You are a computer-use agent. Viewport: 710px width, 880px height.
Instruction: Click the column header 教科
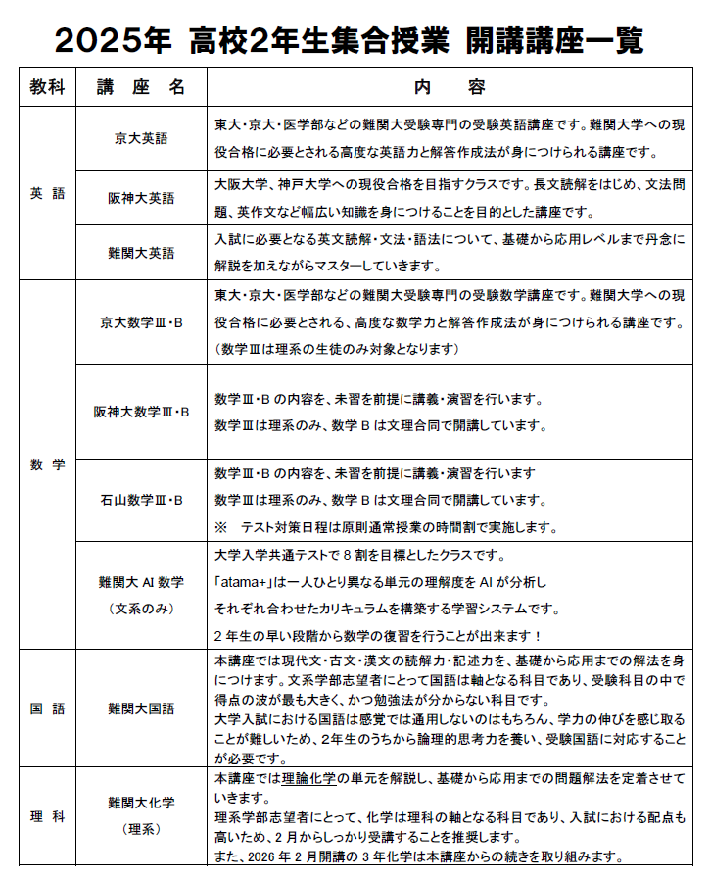(x=47, y=86)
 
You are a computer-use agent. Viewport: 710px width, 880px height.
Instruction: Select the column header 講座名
(x=141, y=86)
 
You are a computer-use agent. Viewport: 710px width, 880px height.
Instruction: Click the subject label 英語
(x=47, y=193)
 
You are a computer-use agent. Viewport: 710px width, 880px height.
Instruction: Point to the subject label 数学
(x=47, y=464)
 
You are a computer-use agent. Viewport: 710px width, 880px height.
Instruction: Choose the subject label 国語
(x=47, y=708)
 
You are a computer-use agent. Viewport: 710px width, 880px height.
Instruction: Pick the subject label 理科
(x=47, y=815)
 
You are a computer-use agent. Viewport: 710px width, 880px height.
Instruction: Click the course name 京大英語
(x=141, y=138)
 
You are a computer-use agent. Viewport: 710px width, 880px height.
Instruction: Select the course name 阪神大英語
(x=141, y=198)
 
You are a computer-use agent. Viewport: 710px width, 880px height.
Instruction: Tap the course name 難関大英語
(x=141, y=252)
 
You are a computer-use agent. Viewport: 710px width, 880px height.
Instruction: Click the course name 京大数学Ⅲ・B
(x=141, y=320)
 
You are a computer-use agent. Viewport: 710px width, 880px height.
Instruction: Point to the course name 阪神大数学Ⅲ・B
(x=141, y=411)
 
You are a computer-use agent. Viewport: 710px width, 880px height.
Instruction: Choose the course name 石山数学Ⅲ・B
(x=141, y=500)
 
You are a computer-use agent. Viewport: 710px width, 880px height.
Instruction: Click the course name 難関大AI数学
(x=141, y=582)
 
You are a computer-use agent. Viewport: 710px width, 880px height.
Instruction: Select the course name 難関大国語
(x=141, y=708)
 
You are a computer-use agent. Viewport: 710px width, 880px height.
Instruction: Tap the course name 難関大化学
(x=141, y=803)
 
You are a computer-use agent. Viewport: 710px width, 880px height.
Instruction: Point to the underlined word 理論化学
(x=309, y=778)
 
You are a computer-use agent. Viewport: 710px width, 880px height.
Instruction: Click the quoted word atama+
(x=244, y=582)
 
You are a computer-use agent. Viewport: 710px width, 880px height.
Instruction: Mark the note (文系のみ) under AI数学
(x=141, y=609)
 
